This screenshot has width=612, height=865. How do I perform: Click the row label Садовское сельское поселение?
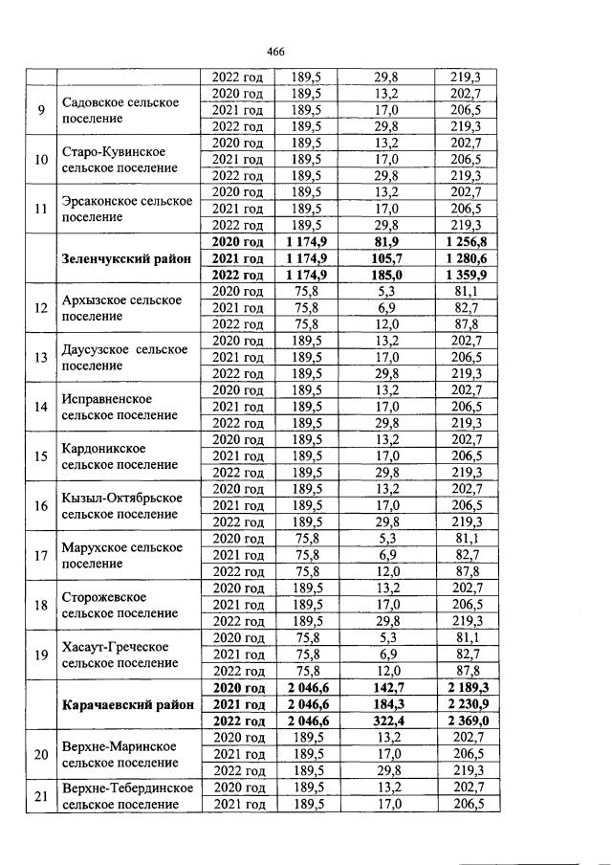(x=120, y=110)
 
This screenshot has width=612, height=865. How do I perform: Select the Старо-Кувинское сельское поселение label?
(x=120, y=160)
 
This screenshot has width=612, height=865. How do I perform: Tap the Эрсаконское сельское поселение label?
(x=120, y=210)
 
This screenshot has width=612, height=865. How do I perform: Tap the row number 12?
(x=41, y=308)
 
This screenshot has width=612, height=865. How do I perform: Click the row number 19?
(x=41, y=655)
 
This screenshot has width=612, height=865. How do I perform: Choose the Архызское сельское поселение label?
(x=121, y=308)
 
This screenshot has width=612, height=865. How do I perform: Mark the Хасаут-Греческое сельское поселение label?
(x=120, y=655)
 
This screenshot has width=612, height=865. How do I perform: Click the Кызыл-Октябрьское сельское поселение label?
(x=121, y=506)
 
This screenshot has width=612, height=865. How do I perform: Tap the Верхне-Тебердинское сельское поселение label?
(x=127, y=796)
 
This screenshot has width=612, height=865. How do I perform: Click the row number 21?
(x=41, y=796)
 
